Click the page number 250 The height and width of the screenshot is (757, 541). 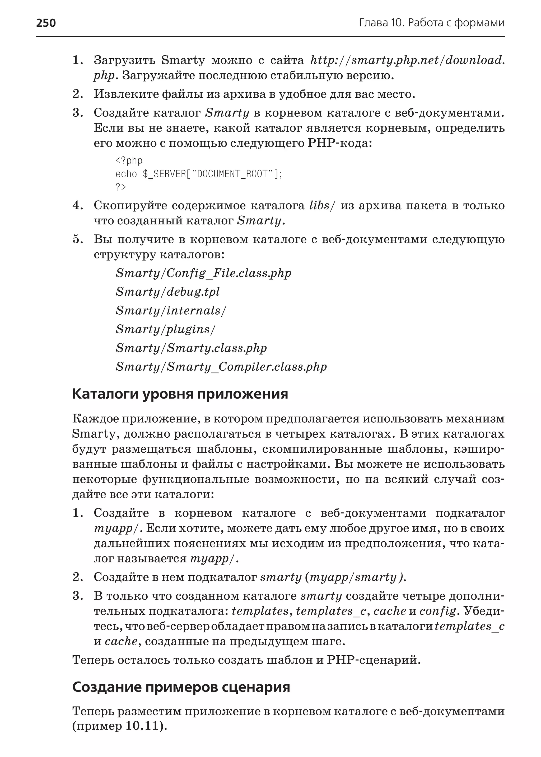pos(46,23)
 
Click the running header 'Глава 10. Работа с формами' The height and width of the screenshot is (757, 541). pos(432,23)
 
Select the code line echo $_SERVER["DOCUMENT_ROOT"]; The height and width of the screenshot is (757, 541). pos(199,174)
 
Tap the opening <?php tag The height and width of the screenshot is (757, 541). pos(129,160)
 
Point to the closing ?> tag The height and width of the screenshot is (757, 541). pos(121,187)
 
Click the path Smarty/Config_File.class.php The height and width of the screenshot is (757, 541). pos(203,273)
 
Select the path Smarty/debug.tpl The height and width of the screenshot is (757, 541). pos(167,292)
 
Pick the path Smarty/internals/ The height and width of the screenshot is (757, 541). pos(171,310)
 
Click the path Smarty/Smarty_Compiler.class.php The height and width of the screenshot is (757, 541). pos(221,367)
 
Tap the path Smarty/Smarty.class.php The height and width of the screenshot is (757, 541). pos(191,348)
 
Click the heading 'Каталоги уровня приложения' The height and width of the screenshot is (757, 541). pos(180,394)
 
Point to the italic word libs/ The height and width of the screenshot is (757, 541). pos(322,205)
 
